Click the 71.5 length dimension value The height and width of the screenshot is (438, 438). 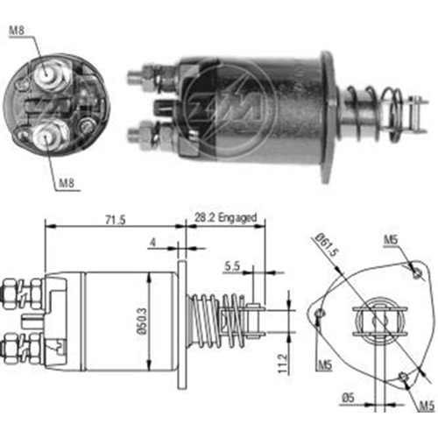[x=116, y=220]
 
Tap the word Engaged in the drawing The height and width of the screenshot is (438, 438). [x=237, y=218]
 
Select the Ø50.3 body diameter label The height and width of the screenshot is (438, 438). [x=142, y=321]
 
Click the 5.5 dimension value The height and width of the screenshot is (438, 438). [x=232, y=266]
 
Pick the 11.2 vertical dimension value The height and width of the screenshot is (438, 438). [x=282, y=364]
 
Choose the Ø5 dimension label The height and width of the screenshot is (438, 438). [x=348, y=398]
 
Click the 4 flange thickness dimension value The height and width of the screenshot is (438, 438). [x=152, y=242]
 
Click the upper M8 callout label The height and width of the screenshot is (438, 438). [x=17, y=31]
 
